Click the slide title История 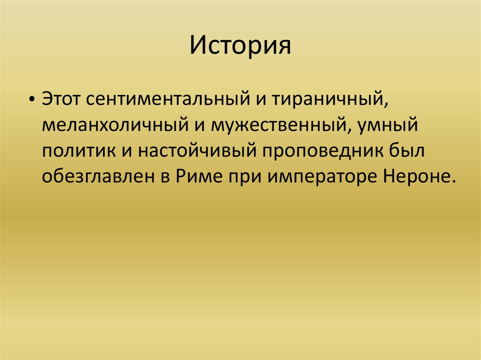240,47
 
